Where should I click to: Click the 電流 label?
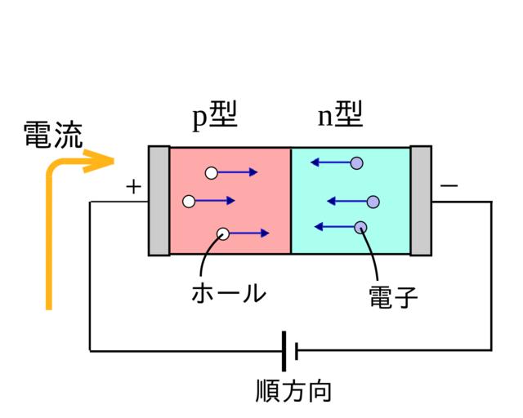click(x=52, y=135)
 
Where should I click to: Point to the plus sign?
click(x=133, y=187)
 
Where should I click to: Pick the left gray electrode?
click(x=159, y=200)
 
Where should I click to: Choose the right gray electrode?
click(x=421, y=200)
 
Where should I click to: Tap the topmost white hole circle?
click(x=212, y=172)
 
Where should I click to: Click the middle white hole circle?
click(x=189, y=201)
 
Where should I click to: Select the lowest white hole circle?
click(x=223, y=233)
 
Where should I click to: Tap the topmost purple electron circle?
click(x=355, y=162)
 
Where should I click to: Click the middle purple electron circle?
click(x=373, y=201)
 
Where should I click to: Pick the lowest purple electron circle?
click(x=360, y=226)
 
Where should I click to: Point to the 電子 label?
click(x=393, y=297)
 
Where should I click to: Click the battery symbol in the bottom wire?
click(x=288, y=351)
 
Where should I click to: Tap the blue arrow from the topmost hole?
click(x=239, y=172)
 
